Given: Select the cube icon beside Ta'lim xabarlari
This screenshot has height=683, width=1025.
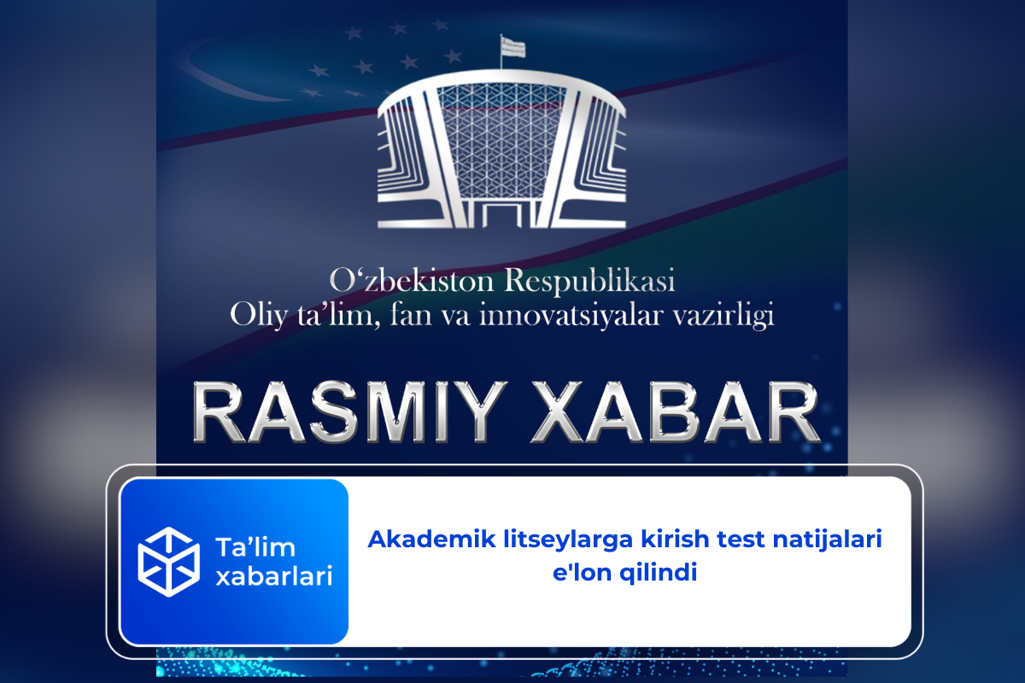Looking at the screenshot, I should [x=168, y=560].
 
